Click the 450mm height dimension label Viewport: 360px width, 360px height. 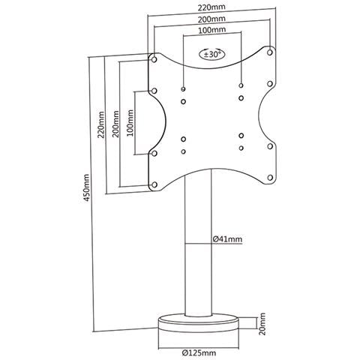(x=86, y=187)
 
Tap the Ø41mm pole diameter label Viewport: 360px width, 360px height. (x=227, y=239)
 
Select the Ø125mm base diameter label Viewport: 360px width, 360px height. (x=199, y=353)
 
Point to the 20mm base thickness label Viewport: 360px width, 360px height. (x=262, y=324)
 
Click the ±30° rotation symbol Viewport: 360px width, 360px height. (x=212, y=54)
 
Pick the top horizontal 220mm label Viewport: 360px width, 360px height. (x=211, y=7)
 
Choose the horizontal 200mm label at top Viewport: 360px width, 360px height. (x=211, y=19)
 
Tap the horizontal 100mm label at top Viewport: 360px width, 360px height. (x=212, y=30)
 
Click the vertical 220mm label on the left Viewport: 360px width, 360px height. (x=101, y=124)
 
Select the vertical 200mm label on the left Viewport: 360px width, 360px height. (x=115, y=124)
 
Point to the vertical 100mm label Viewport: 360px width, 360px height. (x=130, y=123)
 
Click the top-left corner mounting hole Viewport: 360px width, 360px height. (x=154, y=59)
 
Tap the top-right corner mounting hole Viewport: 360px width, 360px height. (x=270, y=52)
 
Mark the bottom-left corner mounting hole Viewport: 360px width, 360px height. (x=154, y=184)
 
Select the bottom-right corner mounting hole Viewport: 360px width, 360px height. (x=270, y=178)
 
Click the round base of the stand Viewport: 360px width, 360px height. (x=198, y=323)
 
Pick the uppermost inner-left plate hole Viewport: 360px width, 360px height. (x=183, y=89)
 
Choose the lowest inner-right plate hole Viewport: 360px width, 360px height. (x=241, y=148)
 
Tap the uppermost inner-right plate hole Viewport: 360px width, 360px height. (x=241, y=85)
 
